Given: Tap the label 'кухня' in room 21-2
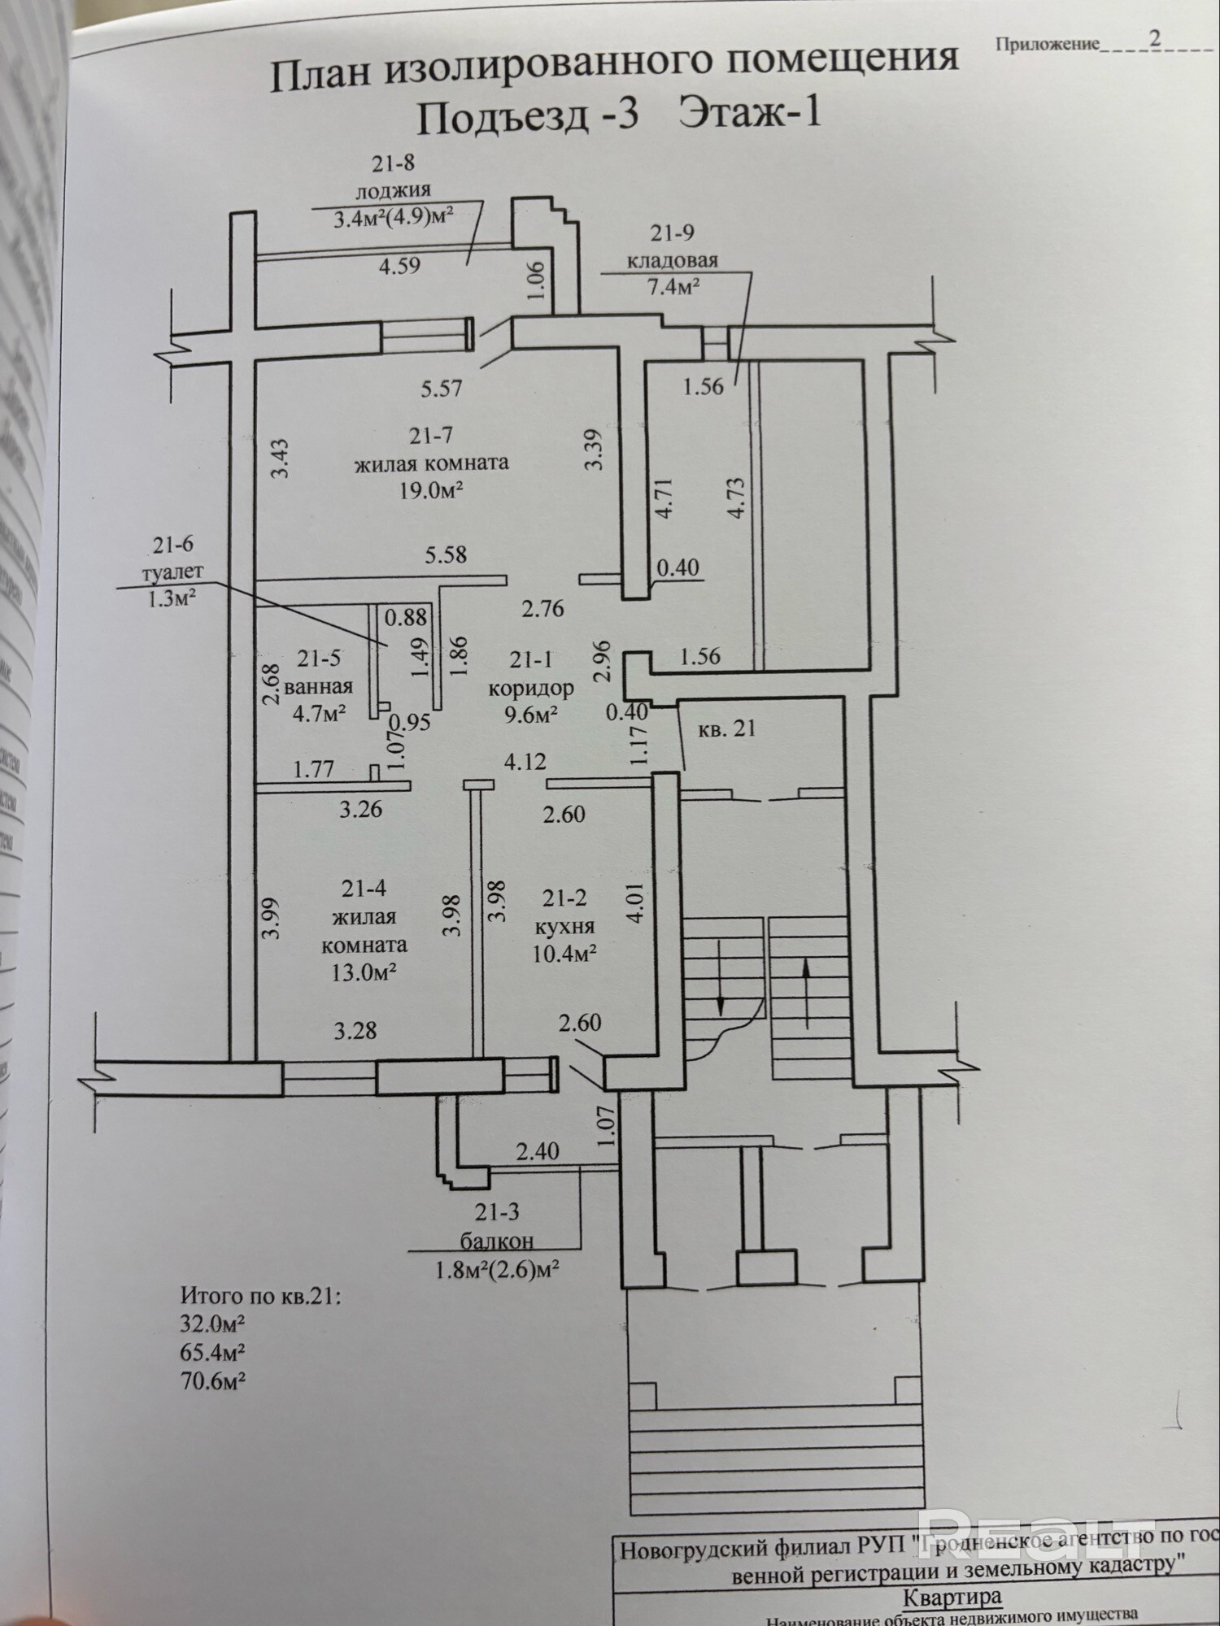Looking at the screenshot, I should tap(564, 926).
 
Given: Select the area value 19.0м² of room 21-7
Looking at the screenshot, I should tap(431, 490).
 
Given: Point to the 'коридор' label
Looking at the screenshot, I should tap(530, 688).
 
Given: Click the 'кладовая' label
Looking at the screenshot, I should tap(671, 260).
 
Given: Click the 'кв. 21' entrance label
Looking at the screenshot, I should tap(726, 728).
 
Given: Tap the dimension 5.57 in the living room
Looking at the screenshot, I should tap(441, 389).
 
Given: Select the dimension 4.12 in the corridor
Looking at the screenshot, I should tap(525, 762).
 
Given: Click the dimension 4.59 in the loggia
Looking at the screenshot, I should tap(399, 266).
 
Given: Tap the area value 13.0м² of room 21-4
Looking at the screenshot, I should tap(364, 972).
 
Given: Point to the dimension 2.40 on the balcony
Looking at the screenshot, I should tap(538, 1151).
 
